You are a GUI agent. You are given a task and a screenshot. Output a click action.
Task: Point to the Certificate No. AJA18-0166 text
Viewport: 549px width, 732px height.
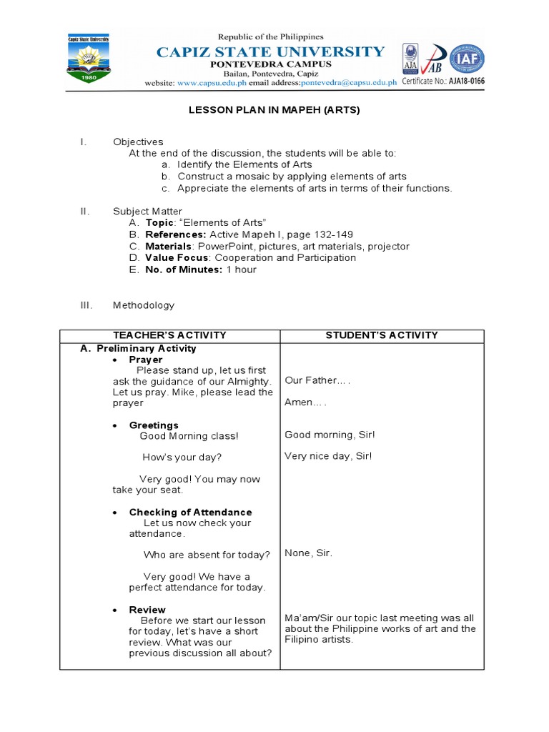(443, 81)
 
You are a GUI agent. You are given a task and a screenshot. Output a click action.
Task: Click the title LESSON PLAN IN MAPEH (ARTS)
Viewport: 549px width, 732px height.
(274, 110)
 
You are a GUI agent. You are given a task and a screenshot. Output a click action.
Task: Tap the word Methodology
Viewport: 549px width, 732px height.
(143, 305)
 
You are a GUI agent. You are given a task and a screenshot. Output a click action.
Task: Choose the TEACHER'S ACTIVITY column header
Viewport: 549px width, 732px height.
(169, 335)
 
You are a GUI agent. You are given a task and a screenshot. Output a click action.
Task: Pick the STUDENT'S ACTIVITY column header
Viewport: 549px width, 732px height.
(382, 335)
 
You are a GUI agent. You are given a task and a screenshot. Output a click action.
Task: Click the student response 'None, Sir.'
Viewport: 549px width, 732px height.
(308, 553)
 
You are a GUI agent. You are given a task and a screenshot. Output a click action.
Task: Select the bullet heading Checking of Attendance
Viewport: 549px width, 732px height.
(190, 513)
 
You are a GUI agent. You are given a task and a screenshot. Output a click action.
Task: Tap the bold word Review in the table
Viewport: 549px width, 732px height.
(147, 610)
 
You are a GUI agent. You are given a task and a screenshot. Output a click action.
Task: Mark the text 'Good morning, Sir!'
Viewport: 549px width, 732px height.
(329, 435)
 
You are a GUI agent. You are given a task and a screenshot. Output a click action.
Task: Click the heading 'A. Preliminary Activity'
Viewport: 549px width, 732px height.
(138, 349)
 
